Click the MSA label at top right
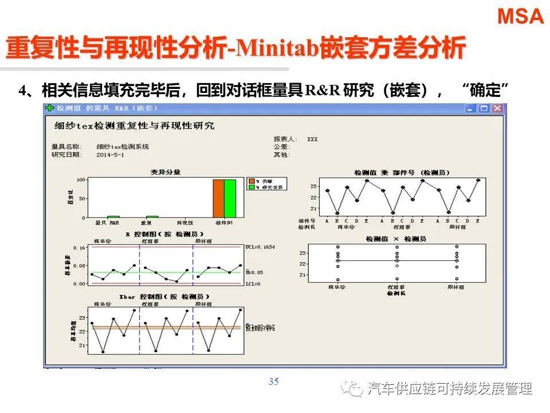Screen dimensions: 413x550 pyautogui.click(x=520, y=16)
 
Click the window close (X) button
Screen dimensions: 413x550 pyautogui.click(x=497, y=108)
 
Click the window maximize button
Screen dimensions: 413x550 pyautogui.click(x=484, y=108)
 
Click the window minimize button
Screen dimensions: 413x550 pyautogui.click(x=472, y=108)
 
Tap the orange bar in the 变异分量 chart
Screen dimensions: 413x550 pyautogui.click(x=218, y=198)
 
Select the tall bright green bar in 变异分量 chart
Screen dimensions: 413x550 pyautogui.click(x=230, y=198)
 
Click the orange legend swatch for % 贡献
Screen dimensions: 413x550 pyautogui.click(x=251, y=181)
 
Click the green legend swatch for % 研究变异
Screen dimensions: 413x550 pyautogui.click(x=251, y=187)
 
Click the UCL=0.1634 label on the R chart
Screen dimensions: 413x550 pyautogui.click(x=260, y=247)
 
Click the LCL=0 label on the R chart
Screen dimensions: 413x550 pyautogui.click(x=253, y=284)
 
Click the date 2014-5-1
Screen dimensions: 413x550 pyautogui.click(x=111, y=155)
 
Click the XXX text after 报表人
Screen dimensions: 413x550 pyautogui.click(x=312, y=139)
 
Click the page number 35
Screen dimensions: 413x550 pyautogui.click(x=273, y=382)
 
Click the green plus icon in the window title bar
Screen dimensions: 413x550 pyautogui.click(x=50, y=108)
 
